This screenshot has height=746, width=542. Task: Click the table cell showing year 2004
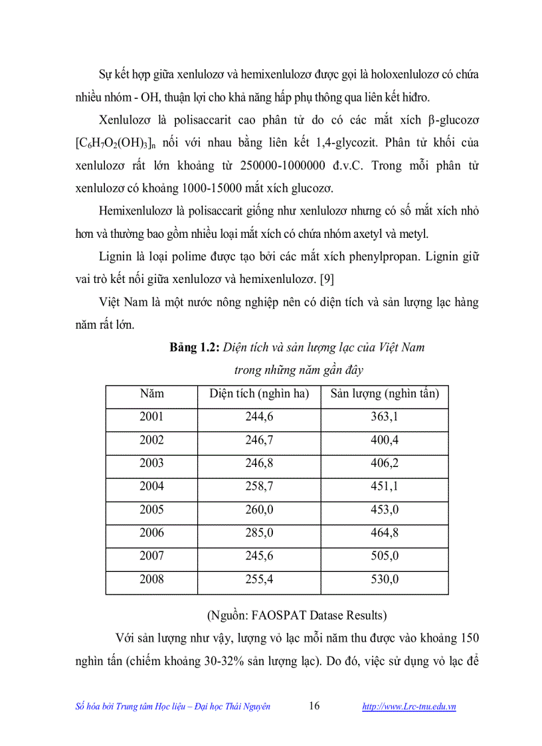[x=151, y=486]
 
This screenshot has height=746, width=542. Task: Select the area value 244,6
[x=259, y=417]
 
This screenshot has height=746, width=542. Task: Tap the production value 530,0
[x=385, y=579]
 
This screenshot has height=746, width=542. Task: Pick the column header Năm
[x=151, y=393]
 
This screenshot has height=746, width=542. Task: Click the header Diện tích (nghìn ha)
[x=259, y=393]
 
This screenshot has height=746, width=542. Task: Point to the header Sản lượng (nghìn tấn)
[x=385, y=393]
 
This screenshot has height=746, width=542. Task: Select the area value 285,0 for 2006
[x=259, y=533]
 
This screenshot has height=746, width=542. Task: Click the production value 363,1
[x=385, y=417]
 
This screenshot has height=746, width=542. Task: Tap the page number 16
[x=314, y=706]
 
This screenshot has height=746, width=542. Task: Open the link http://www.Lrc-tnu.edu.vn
[x=408, y=707]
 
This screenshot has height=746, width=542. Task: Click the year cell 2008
[x=151, y=579]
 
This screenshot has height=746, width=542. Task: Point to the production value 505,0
[x=385, y=556]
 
